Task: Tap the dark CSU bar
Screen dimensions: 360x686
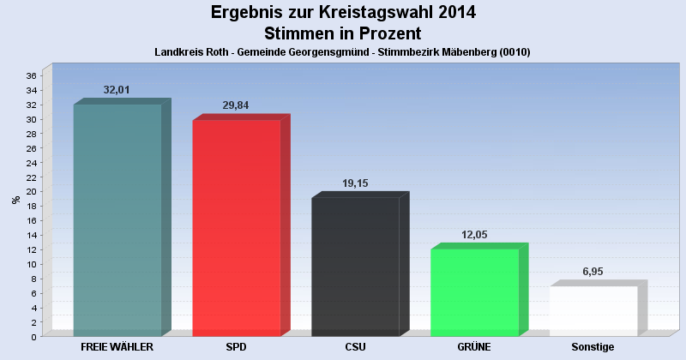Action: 355,267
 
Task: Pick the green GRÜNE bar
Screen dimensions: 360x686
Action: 474,292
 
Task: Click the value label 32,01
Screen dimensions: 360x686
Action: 117,89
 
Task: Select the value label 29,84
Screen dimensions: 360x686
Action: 236,105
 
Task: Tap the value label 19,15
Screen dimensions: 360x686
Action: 355,183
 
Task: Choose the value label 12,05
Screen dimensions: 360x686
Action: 474,234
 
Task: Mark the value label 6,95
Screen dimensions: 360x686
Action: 593,271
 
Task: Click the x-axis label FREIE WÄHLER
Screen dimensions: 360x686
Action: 117,347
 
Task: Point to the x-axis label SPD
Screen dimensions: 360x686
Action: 236,347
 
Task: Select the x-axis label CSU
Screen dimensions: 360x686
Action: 355,347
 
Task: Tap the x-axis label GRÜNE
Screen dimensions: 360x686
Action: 474,347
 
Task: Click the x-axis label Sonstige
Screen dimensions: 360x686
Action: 593,347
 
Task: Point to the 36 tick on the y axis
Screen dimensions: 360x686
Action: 30,75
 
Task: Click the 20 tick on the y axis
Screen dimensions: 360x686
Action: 30,191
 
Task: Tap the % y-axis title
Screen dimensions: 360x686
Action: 15,200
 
